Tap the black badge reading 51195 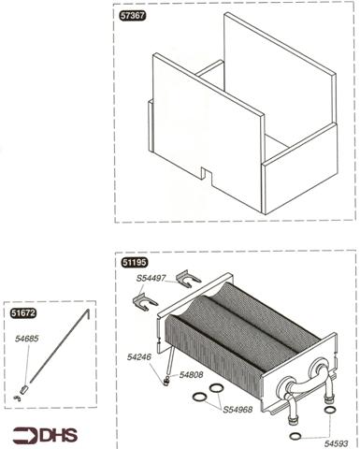click(x=135, y=262)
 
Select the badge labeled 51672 click(x=23, y=312)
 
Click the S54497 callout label click(x=151, y=278)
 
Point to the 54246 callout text click(x=138, y=357)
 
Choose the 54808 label click(x=191, y=375)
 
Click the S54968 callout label click(x=238, y=410)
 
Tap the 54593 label click(x=337, y=443)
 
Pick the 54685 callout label click(x=27, y=339)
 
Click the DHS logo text click(x=59, y=436)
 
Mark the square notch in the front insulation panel click(x=207, y=173)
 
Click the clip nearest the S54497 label click(x=188, y=278)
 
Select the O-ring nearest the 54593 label click(x=295, y=436)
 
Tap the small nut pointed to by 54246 click(x=166, y=380)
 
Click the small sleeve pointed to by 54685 click(x=24, y=389)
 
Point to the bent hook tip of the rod click(x=88, y=314)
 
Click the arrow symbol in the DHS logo click(x=26, y=436)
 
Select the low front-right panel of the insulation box click(x=301, y=168)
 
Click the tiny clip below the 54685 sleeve click(x=18, y=398)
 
